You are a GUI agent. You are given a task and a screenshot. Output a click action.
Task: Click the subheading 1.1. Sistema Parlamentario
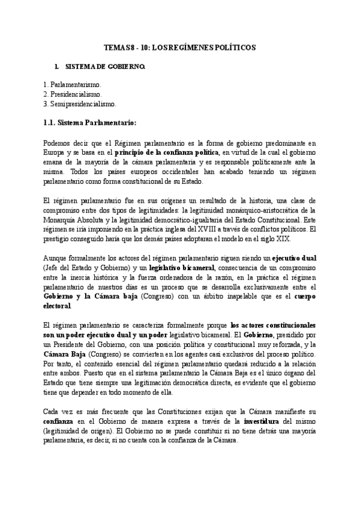coord(91,123)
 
